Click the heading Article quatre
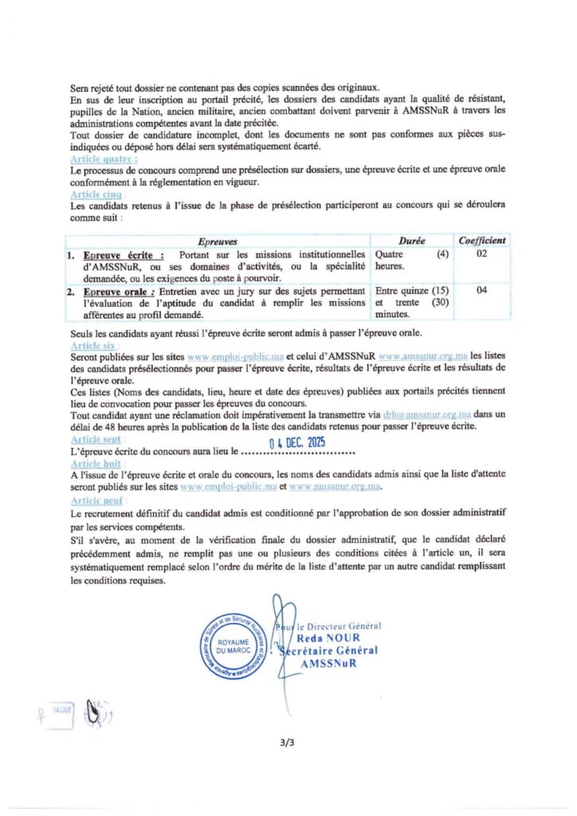click(x=95, y=160)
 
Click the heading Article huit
click(x=93, y=463)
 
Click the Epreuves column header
click(x=216, y=241)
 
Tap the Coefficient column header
click(x=481, y=241)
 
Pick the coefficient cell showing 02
click(x=481, y=254)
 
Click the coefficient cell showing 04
click(x=481, y=291)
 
